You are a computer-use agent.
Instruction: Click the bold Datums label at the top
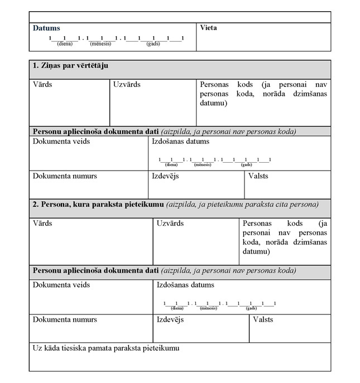tap(46, 28)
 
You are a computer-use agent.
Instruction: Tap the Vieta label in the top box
tap(208, 28)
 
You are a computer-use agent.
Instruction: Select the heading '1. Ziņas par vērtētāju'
tap(70, 66)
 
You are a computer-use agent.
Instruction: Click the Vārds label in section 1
tap(42, 85)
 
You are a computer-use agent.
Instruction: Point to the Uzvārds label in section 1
tap(127, 85)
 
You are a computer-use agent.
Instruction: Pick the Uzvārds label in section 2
tap(170, 223)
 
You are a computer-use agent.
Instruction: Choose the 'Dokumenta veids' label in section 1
tap(61, 141)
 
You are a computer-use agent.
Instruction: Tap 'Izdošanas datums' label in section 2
tap(185, 285)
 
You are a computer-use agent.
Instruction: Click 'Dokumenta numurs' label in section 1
tap(65, 176)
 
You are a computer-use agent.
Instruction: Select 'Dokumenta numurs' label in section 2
tap(65, 319)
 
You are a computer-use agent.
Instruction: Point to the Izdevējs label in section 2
tap(170, 319)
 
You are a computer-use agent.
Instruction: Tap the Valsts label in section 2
tap(263, 319)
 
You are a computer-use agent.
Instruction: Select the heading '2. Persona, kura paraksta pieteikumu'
tap(98, 205)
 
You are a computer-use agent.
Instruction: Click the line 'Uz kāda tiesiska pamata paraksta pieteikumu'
tap(106, 348)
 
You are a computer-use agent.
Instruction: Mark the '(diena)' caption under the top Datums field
tap(65, 43)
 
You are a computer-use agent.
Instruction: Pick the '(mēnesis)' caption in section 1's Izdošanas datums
tap(203, 165)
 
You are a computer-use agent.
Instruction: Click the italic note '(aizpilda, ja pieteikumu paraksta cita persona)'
tap(242, 205)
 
